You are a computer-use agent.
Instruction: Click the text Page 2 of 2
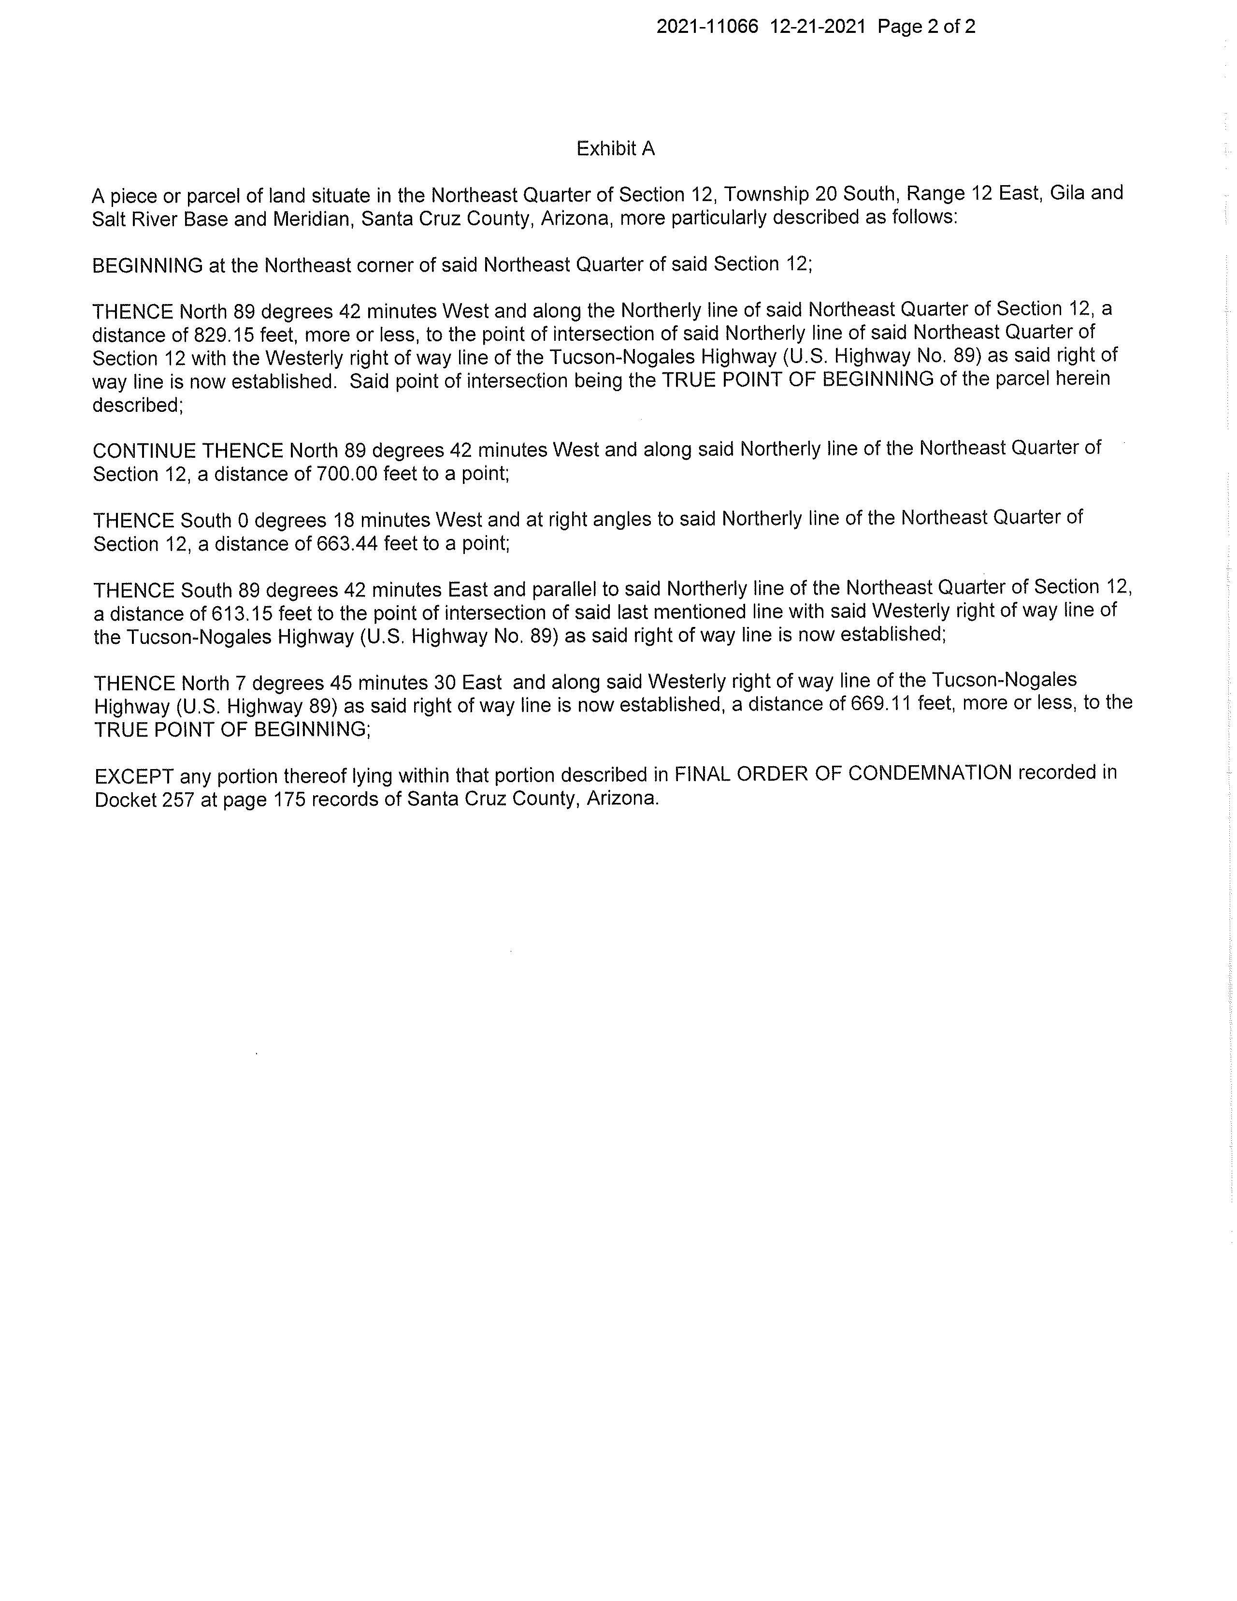point(926,27)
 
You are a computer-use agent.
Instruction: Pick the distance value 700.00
point(346,474)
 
